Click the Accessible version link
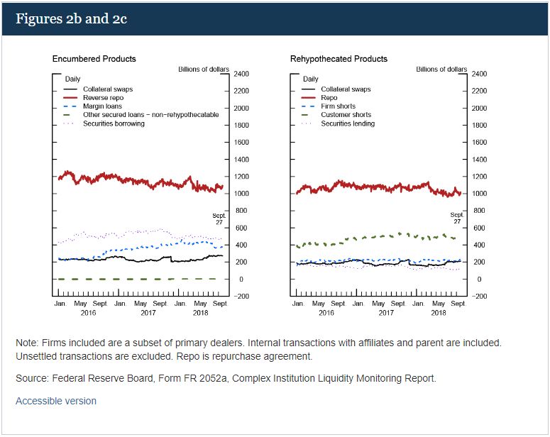click(x=56, y=401)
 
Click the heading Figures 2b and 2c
click(x=71, y=18)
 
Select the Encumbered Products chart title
click(x=94, y=59)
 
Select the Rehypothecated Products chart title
click(x=339, y=59)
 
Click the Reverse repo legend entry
click(x=103, y=98)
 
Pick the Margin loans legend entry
click(x=103, y=106)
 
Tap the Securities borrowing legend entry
click(x=114, y=123)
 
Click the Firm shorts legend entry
click(x=339, y=106)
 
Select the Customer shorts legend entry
click(x=346, y=115)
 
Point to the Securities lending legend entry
click(x=348, y=123)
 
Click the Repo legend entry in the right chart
click(x=329, y=98)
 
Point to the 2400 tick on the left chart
click(x=241, y=74)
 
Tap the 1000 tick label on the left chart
click(x=241, y=194)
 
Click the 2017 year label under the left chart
click(x=148, y=313)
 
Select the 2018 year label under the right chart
click(x=438, y=313)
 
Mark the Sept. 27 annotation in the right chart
click(x=456, y=218)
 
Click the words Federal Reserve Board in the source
click(x=97, y=379)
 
